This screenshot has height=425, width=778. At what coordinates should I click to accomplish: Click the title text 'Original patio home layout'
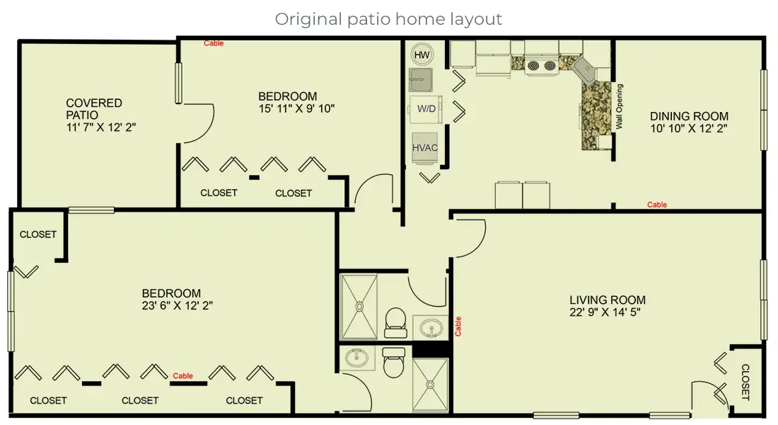[x=388, y=19]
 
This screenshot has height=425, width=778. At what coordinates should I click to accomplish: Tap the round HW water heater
[x=422, y=55]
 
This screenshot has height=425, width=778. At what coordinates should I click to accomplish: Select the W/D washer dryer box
[x=426, y=109]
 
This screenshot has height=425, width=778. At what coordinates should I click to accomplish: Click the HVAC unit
[x=425, y=147]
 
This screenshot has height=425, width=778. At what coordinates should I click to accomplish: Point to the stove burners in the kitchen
[x=541, y=65]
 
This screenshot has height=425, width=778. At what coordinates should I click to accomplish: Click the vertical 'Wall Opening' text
[x=620, y=106]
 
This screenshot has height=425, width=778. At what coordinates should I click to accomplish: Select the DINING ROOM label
[x=689, y=116]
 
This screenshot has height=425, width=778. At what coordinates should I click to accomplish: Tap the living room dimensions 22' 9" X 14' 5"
[x=607, y=312]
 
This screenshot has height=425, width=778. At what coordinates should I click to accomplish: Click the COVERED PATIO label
[x=93, y=108]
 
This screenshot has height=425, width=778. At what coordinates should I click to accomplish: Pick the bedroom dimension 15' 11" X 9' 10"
[x=296, y=108]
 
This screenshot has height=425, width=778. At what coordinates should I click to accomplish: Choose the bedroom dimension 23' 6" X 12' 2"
[x=177, y=305]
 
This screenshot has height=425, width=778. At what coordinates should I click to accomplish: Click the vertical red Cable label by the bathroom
[x=458, y=326]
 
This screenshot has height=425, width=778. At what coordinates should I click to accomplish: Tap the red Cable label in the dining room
[x=657, y=205]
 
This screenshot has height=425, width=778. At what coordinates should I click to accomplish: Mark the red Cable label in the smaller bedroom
[x=214, y=43]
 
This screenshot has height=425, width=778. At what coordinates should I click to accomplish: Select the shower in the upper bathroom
[x=359, y=306]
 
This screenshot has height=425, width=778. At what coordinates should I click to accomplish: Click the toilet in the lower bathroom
[x=391, y=365]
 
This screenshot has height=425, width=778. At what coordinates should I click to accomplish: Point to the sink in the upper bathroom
[x=430, y=328]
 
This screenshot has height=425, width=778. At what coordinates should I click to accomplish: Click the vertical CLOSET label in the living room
[x=745, y=382]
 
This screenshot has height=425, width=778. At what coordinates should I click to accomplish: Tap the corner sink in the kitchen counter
[x=585, y=68]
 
